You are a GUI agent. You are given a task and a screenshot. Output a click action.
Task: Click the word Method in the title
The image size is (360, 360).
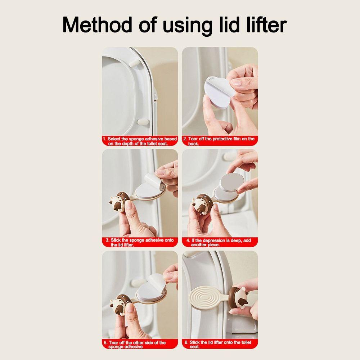(97, 25)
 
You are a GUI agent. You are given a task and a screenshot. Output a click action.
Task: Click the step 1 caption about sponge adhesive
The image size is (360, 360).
(140, 141)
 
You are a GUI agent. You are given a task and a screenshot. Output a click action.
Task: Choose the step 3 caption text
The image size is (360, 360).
(140, 242)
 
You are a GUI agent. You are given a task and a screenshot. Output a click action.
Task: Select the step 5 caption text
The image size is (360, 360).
(135, 345)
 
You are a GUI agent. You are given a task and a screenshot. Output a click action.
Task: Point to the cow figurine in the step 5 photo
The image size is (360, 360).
(121, 303)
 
